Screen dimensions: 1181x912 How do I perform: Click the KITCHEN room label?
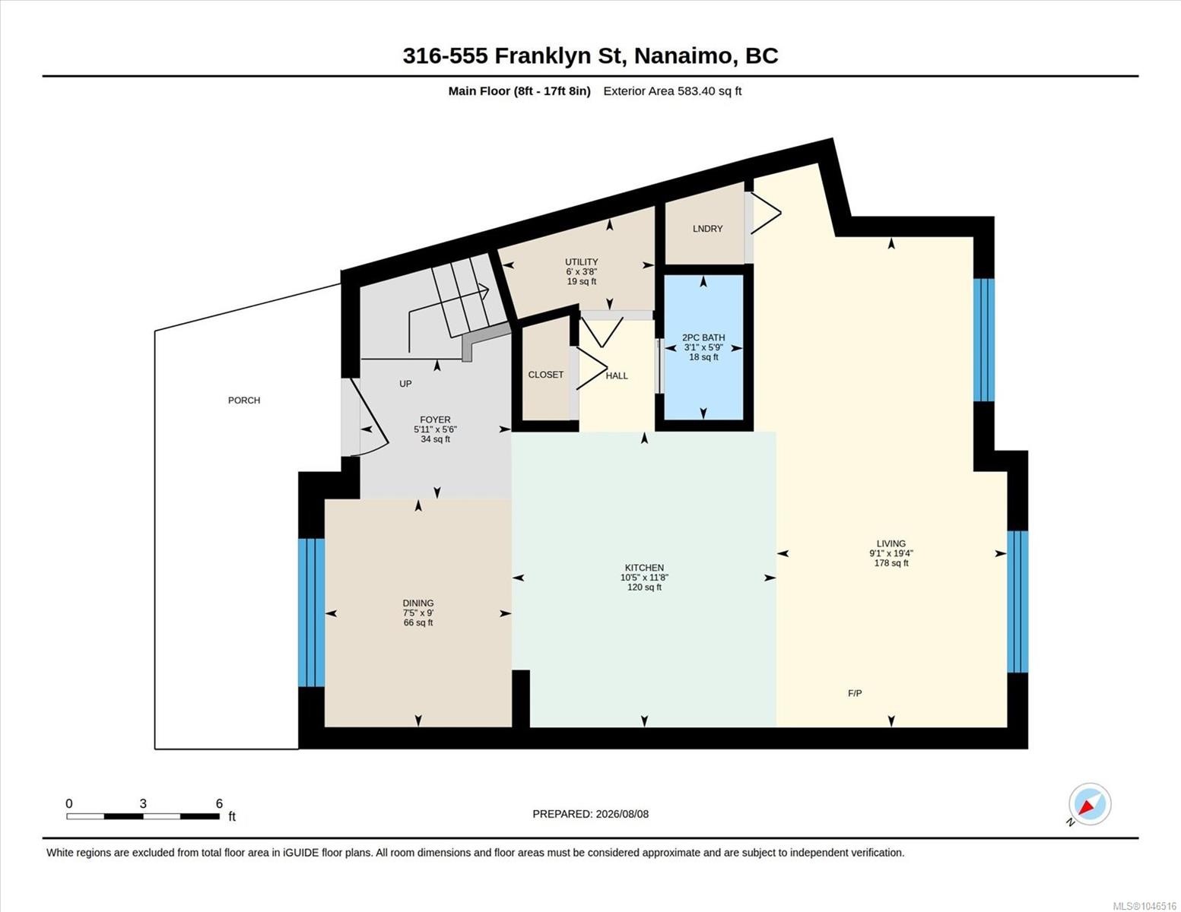click(644, 568)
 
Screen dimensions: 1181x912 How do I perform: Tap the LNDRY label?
click(708, 229)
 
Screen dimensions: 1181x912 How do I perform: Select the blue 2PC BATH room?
click(704, 347)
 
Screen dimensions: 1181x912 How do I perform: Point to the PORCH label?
click(244, 401)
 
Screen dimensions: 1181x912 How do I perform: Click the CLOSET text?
click(546, 375)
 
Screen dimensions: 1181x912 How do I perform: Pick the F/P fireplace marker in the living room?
click(855, 693)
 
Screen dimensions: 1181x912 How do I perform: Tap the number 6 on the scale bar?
click(219, 803)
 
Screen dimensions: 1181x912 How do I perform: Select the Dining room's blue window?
click(312, 612)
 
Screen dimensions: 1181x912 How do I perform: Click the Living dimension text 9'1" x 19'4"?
click(891, 553)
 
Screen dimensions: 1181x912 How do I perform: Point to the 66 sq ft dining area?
click(418, 622)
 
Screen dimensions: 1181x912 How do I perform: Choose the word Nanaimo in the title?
click(683, 56)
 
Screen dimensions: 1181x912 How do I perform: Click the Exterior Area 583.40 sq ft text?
click(672, 91)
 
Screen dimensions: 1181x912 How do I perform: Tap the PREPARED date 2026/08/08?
click(622, 814)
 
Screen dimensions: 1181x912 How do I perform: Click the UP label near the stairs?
click(405, 384)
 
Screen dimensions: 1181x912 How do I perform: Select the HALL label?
click(617, 375)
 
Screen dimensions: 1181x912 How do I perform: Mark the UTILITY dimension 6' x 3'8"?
click(582, 271)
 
